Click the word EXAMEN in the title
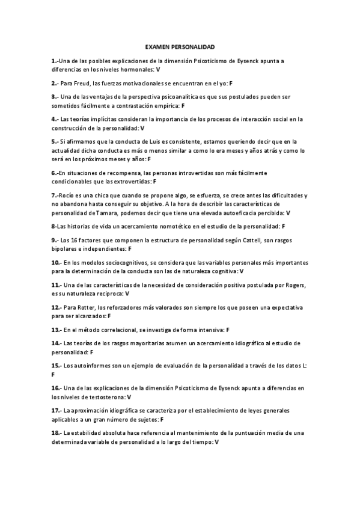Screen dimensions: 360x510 pyautogui.click(x=157, y=46)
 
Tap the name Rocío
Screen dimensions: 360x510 pyautogui.click(x=67, y=195)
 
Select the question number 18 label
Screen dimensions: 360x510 pyautogui.click(x=56, y=432)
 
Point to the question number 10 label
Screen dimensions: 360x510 pyautogui.click(x=56, y=262)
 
